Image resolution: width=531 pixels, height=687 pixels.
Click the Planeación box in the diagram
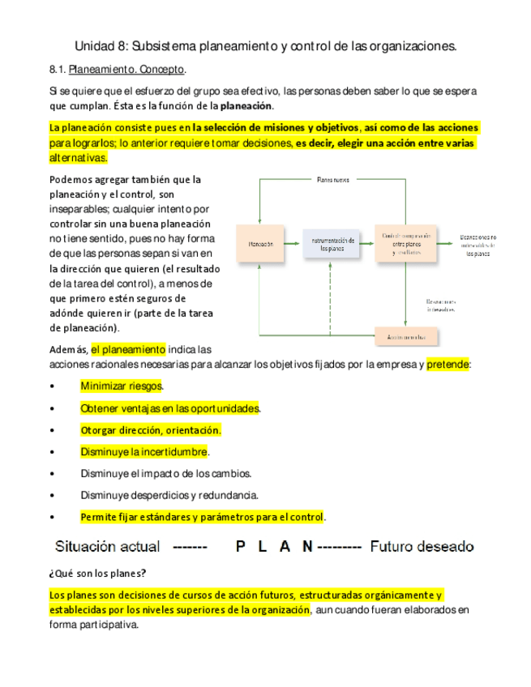(x=261, y=244)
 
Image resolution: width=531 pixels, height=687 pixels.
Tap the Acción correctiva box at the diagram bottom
(x=406, y=335)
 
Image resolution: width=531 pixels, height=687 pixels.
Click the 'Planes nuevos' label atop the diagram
(x=332, y=179)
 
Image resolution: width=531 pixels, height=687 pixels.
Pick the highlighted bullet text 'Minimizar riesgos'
(x=122, y=386)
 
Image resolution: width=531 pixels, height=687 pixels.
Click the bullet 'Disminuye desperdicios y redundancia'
(x=169, y=495)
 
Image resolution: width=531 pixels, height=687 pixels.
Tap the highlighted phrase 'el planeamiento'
(x=128, y=350)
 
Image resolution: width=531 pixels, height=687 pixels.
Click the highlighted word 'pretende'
(x=447, y=365)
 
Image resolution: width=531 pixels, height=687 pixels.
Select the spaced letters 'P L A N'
(x=274, y=547)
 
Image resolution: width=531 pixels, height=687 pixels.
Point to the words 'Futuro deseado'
(x=422, y=547)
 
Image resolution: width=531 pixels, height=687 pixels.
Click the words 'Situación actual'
(x=106, y=547)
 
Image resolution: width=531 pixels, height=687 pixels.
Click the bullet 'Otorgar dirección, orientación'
(x=151, y=430)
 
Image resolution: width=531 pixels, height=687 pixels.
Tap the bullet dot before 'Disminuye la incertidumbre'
(x=53, y=452)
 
